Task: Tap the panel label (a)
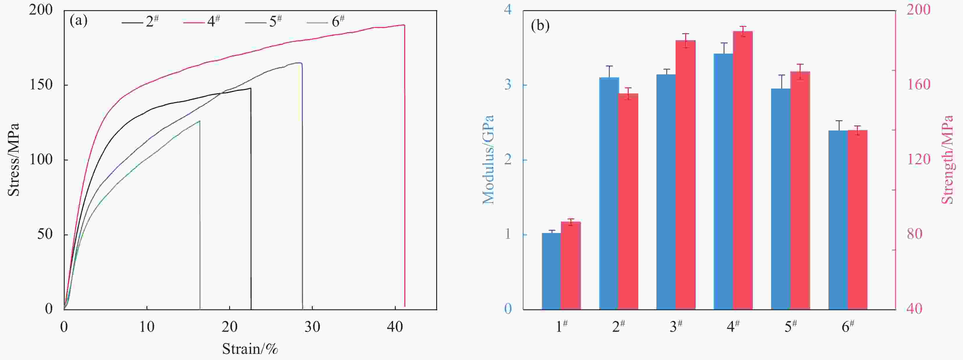tap(79, 21)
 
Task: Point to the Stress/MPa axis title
tap(13, 160)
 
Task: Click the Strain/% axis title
tap(250, 349)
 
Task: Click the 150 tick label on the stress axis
tap(41, 85)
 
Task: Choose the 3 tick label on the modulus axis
tap(508, 85)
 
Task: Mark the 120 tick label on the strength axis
tap(918, 160)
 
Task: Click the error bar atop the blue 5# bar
tap(781, 82)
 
